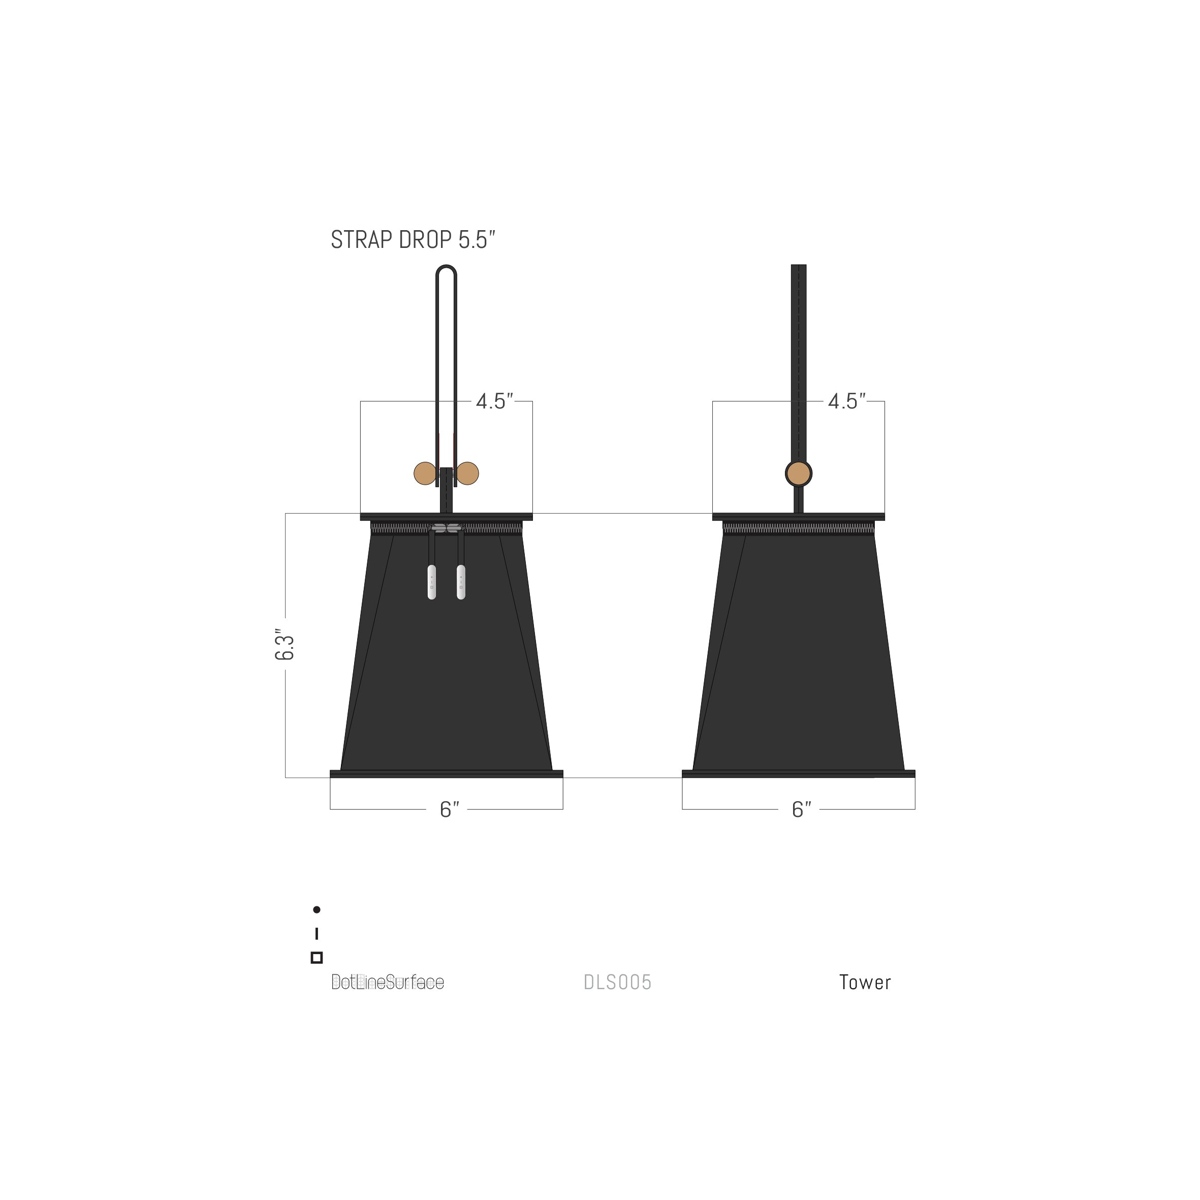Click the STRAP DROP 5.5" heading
(x=413, y=240)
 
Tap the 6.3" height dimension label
(x=285, y=646)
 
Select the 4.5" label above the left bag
(x=494, y=401)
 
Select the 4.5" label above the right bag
(x=846, y=401)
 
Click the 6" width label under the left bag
(x=449, y=809)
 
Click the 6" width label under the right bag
(x=801, y=809)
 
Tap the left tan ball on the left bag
(x=425, y=473)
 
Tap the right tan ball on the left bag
(x=467, y=473)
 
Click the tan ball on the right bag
(x=798, y=474)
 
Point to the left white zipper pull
(x=432, y=582)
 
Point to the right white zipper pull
(x=461, y=582)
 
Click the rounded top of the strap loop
(x=446, y=270)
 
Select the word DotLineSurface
(x=388, y=982)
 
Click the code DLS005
(x=617, y=982)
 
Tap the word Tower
(x=865, y=982)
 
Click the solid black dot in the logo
(x=317, y=910)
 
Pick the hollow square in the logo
(x=317, y=957)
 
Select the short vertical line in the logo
(x=317, y=934)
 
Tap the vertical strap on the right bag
(x=798, y=360)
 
